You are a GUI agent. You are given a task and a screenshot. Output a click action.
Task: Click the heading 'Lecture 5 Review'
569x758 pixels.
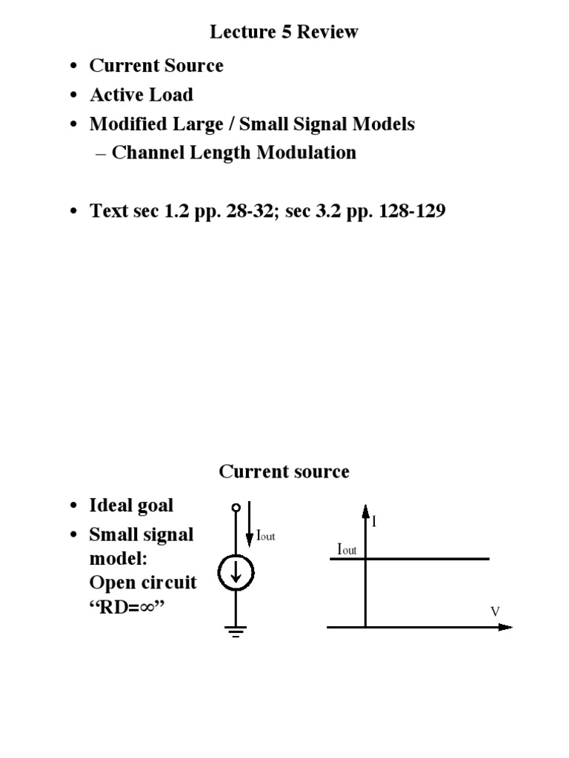284,32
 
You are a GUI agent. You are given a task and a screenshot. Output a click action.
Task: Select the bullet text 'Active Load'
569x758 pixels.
141,95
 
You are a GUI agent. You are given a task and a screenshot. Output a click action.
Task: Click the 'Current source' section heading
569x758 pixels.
284,472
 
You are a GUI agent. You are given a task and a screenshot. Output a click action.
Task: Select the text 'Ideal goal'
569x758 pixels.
131,506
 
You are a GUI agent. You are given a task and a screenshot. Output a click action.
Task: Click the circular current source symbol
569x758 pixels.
236,571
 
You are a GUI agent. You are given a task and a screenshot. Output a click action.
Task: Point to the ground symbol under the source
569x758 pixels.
236,631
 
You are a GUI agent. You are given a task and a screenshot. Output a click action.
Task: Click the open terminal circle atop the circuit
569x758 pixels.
236,507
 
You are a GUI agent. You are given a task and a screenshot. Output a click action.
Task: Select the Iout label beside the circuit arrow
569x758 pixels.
265,536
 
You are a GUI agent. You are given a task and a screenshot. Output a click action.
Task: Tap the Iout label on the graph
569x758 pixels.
347,549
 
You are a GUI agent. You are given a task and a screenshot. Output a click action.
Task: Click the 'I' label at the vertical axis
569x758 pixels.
375,522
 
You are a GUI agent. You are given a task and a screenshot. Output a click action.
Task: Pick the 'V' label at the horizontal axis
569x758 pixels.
496,611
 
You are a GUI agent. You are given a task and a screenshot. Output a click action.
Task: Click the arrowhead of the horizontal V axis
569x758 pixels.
506,627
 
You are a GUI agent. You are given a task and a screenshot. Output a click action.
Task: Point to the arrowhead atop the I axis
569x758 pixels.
365,510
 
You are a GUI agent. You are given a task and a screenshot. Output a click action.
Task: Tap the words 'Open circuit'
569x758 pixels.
142,582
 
